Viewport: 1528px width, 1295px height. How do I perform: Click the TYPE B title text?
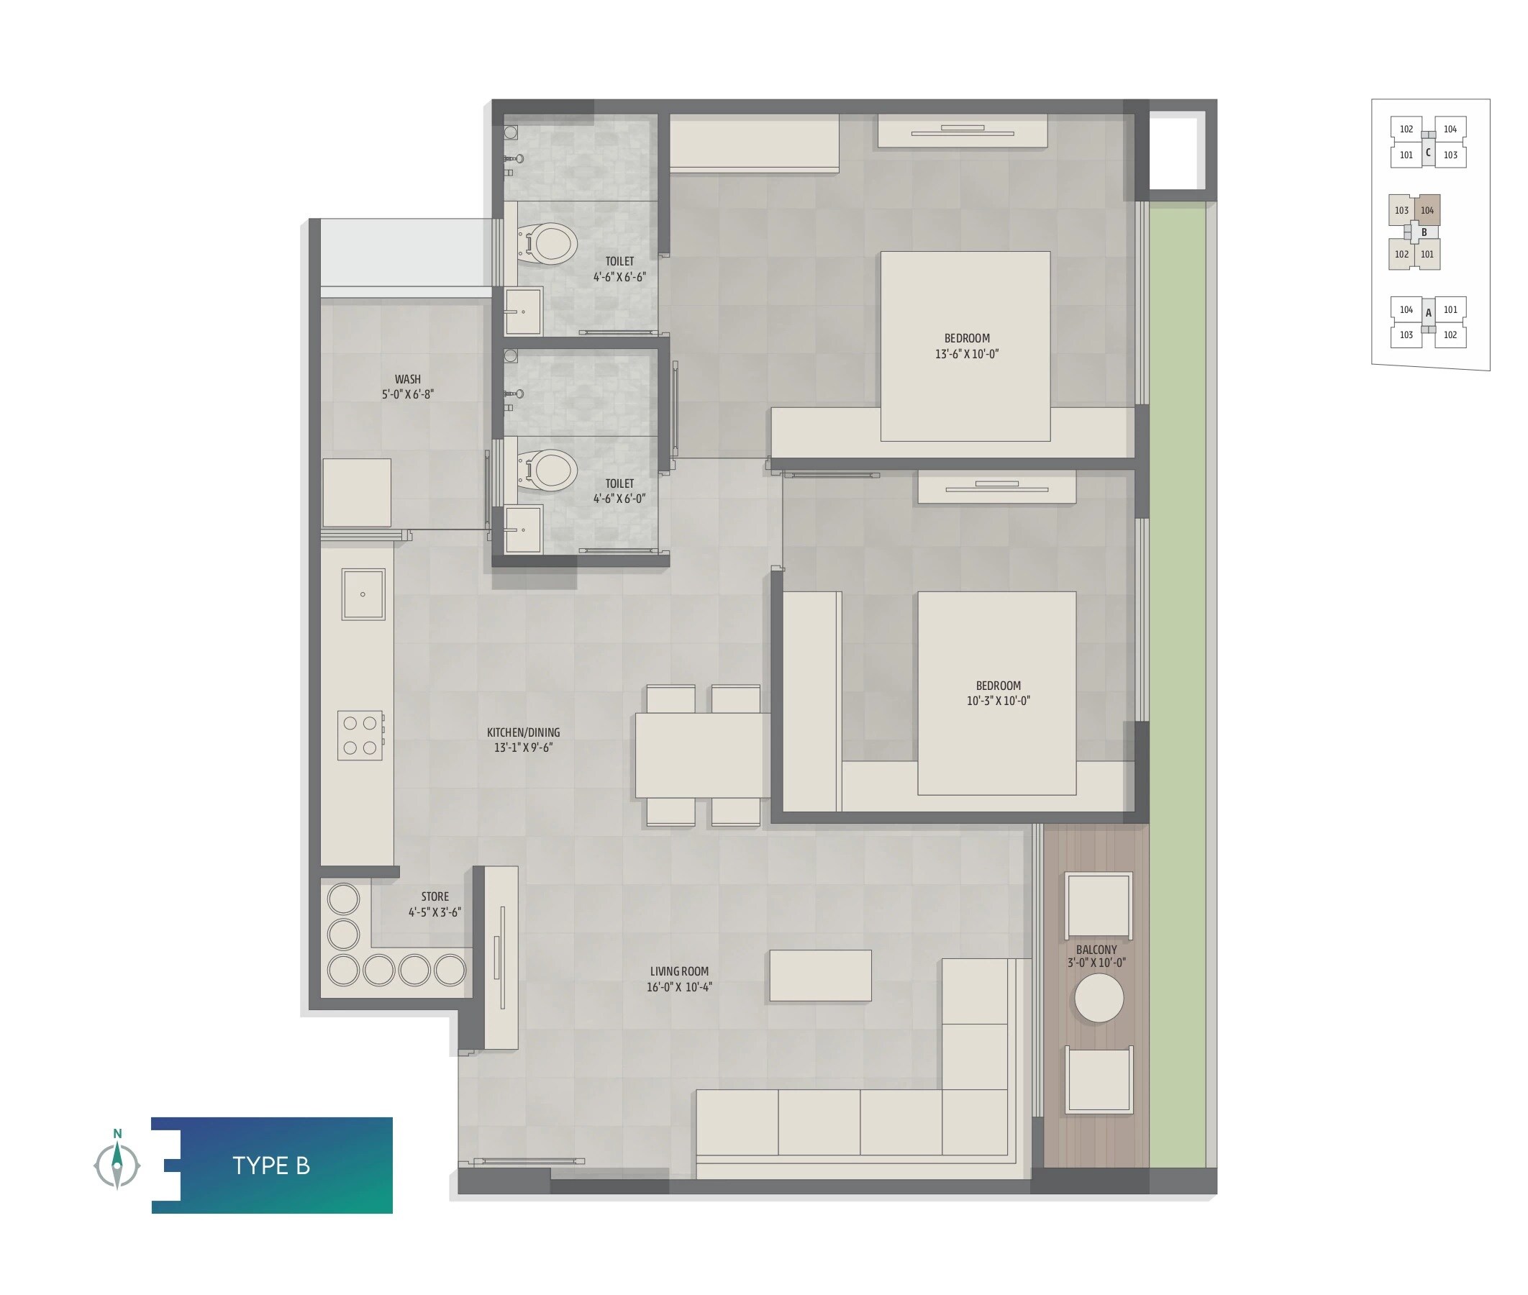point(270,1165)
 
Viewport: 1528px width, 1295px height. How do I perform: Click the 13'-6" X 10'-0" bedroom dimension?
point(967,354)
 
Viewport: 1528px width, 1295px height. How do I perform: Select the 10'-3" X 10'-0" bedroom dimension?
point(998,701)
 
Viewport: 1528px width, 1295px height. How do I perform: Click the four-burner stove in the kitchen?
point(360,735)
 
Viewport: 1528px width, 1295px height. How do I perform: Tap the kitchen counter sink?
point(363,594)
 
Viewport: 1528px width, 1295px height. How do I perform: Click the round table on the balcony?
point(1099,998)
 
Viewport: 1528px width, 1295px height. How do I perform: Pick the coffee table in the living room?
point(820,975)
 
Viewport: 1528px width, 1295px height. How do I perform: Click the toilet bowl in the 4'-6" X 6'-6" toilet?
point(549,245)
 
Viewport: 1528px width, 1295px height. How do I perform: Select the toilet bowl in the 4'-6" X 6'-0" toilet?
point(549,470)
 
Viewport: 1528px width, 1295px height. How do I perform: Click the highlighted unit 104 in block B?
point(1427,211)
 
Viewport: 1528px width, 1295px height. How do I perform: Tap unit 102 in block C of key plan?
point(1406,129)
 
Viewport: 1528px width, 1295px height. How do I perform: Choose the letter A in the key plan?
point(1428,313)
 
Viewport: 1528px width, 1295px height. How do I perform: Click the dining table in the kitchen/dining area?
point(701,755)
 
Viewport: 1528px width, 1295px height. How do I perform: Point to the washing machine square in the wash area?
point(357,492)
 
